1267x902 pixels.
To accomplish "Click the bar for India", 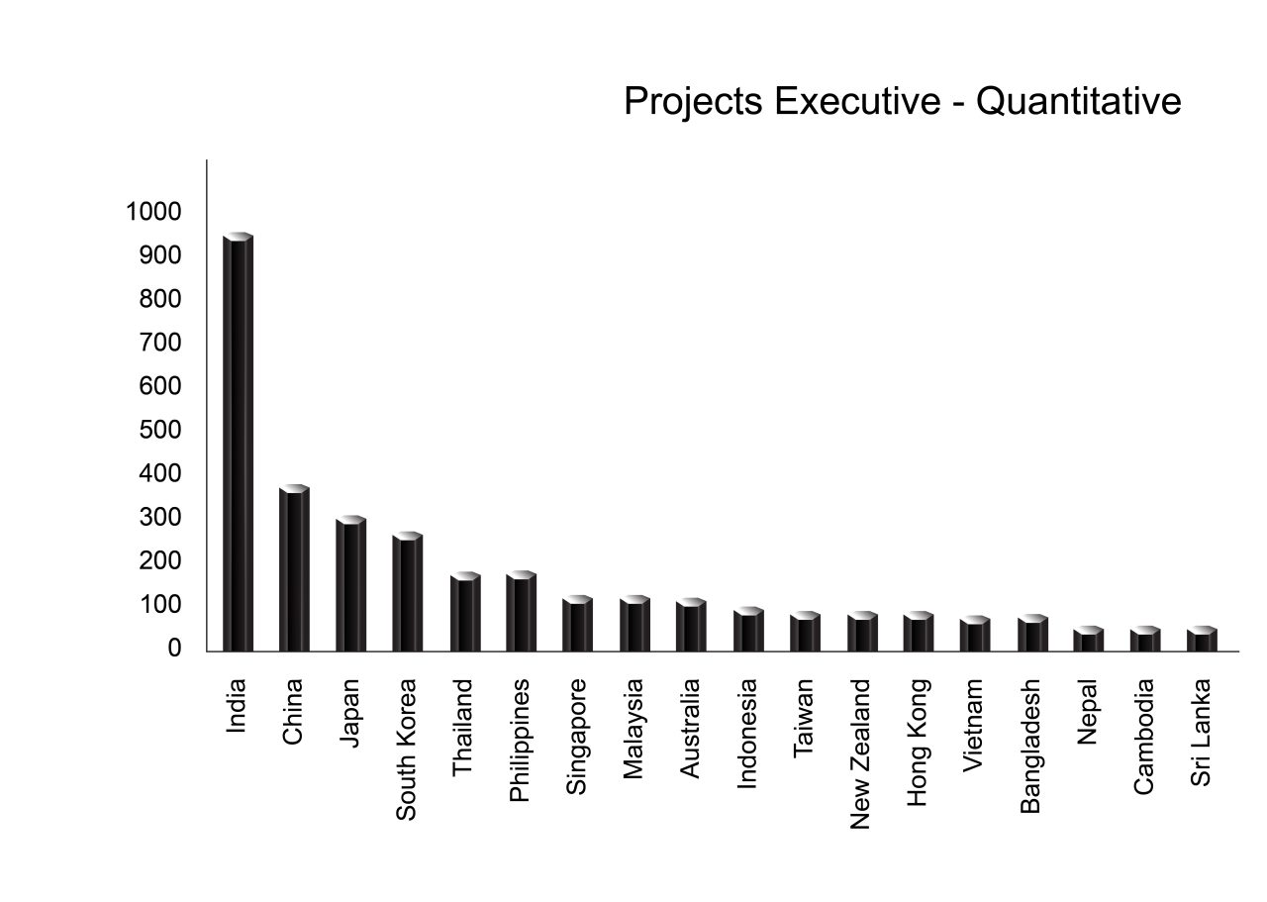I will coord(238,446).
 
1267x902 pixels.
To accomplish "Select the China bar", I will coord(294,570).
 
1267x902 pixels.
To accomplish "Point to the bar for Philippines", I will coord(521,613).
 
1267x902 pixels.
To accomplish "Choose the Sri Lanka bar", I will coord(1202,641).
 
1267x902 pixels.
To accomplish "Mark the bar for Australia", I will coord(691,627).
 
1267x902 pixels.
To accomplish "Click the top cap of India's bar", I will coord(238,237).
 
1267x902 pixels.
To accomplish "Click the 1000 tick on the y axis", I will coord(152,212).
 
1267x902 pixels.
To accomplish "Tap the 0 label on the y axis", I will coord(174,649).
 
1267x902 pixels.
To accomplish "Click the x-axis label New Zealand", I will coord(860,753).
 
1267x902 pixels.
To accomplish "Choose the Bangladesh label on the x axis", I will coord(1030,746).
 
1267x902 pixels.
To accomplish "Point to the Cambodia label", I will coord(1144,737).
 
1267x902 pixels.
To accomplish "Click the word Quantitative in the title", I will coord(1079,101).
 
